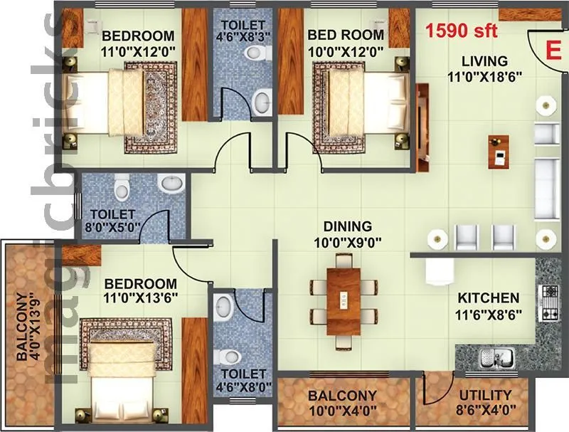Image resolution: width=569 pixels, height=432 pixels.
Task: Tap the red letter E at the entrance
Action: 550,51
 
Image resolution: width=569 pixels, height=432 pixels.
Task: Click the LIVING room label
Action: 483,61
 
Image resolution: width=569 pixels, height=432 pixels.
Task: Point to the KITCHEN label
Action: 488,297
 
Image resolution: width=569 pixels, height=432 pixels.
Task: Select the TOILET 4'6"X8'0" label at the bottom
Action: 243,381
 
